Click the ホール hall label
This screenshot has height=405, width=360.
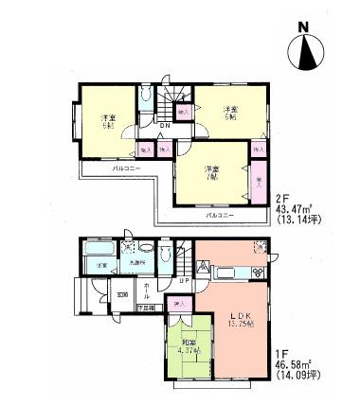pos(147,291)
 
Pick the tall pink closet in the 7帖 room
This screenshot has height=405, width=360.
pos(258,179)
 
